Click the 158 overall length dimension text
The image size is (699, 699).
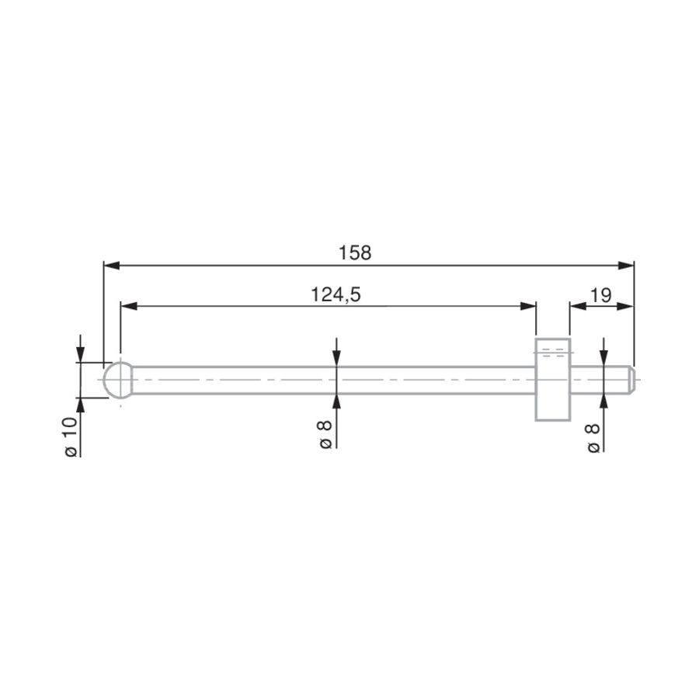355,252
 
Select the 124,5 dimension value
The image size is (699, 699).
336,294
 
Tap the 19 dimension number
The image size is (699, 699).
600,294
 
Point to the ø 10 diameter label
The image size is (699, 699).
71,436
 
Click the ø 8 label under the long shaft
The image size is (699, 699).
325,434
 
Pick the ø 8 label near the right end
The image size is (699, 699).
593,439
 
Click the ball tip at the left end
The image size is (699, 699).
118,380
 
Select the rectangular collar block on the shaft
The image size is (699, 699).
553,379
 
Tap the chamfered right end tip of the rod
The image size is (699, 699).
632,380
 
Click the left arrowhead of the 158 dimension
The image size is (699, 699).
111,266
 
